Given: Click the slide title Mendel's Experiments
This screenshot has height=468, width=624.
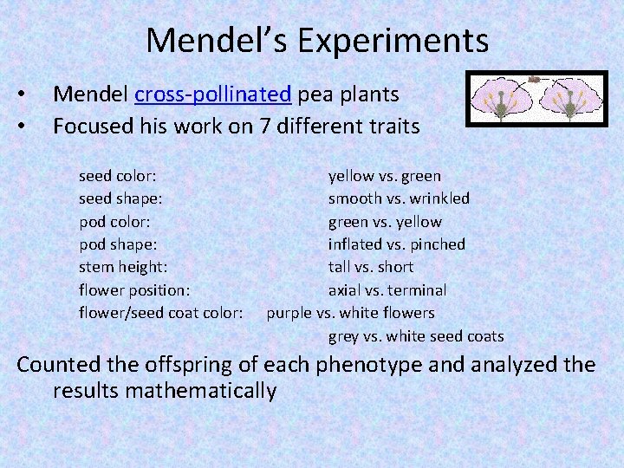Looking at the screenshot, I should pos(317,41).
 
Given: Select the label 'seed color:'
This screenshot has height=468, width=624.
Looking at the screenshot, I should pos(117,176).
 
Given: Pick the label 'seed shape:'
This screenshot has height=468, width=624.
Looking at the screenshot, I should pos(120,198).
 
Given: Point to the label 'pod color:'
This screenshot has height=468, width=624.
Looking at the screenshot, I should pos(115,222).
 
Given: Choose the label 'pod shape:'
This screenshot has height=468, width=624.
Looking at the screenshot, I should pos(118,244).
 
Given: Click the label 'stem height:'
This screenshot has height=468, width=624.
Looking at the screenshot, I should pos(123,267).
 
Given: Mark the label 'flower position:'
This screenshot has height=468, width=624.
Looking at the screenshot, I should pos(134,289).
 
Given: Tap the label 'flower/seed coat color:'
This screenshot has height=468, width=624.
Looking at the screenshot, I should pos(161,312).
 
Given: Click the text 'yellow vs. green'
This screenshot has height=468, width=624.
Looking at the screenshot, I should pos(384,176).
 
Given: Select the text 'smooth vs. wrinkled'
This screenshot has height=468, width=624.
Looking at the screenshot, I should pos(399,198).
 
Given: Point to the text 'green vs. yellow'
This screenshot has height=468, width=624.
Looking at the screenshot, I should pos(384,222).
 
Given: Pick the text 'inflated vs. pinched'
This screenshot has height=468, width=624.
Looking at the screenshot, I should pos(396,244).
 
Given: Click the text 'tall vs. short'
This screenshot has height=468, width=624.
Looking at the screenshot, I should pos(370,267).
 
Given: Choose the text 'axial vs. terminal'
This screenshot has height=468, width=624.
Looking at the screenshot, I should pos(387,289).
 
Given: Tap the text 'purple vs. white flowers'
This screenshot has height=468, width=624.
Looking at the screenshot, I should pos(350,312).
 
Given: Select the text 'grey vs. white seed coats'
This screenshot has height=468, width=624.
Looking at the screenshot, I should pos(415,335).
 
